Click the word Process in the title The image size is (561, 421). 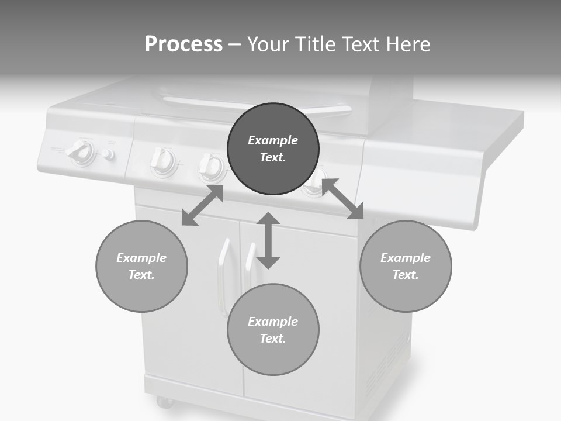point(183,44)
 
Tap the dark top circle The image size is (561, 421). point(273,149)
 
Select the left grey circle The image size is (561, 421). point(141,266)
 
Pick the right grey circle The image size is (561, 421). point(406,266)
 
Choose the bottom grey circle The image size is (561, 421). point(273,330)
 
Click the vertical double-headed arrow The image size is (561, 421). point(268,240)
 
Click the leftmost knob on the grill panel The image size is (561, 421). point(81,151)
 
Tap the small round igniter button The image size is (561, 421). point(107,154)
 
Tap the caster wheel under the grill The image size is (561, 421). point(164,402)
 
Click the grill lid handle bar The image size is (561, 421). point(257,105)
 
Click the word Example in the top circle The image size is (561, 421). point(273,140)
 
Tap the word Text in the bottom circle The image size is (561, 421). point(272,339)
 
